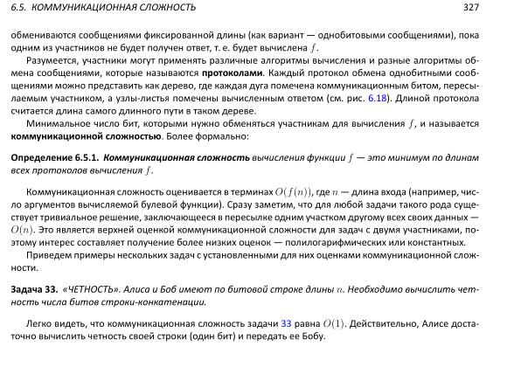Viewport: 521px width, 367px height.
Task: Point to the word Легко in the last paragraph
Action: [39, 323]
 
